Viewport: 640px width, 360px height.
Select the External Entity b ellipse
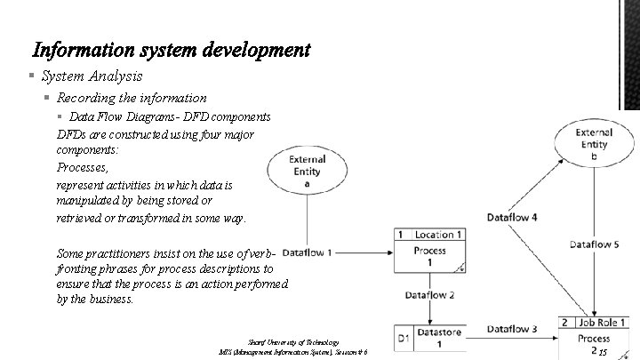point(593,144)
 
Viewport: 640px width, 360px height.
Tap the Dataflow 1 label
point(307,252)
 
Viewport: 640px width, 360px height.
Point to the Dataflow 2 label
point(429,294)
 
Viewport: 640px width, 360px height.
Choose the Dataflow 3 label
point(512,329)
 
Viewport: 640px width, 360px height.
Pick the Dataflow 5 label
point(595,244)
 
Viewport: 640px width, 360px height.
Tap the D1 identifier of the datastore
point(404,339)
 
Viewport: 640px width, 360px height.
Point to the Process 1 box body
point(430,257)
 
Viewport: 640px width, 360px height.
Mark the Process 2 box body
point(593,343)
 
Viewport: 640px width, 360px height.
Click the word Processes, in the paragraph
point(82,168)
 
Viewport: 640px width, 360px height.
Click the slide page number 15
point(603,354)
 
